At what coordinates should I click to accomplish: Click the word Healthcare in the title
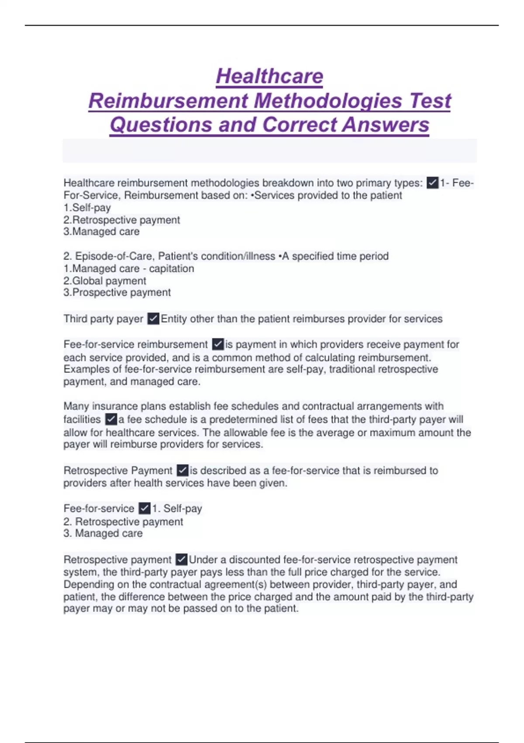[x=269, y=76]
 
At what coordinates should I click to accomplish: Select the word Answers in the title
[x=386, y=125]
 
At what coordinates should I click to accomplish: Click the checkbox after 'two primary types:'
[x=432, y=183]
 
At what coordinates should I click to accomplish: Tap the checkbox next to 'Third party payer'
[x=153, y=319]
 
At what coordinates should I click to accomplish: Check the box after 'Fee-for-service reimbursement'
[x=218, y=344]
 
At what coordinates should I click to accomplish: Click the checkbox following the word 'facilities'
[x=111, y=420]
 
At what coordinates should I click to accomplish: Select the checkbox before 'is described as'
[x=183, y=471]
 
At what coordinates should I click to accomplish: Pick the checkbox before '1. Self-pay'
[x=145, y=508]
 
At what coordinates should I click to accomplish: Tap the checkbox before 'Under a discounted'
[x=181, y=559]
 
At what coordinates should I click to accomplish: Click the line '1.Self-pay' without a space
[x=87, y=208]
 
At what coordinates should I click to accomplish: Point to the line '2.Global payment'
[x=105, y=281]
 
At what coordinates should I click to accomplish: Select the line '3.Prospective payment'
[x=117, y=292]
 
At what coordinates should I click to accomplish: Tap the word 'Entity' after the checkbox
[x=174, y=319]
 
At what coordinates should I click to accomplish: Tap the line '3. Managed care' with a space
[x=103, y=533]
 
